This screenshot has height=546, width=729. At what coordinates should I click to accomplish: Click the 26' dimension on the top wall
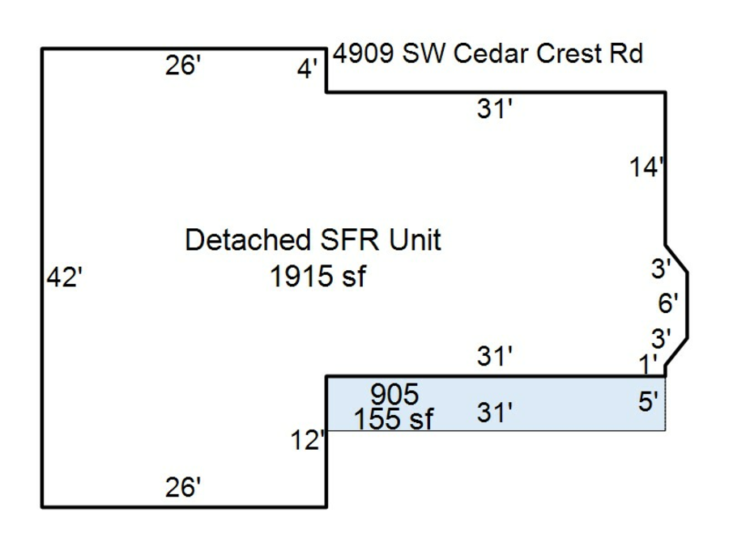(x=183, y=67)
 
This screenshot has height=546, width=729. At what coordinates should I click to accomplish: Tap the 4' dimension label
(x=307, y=71)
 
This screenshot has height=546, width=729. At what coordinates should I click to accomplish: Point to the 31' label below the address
(x=495, y=110)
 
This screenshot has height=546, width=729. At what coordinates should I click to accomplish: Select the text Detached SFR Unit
(x=313, y=240)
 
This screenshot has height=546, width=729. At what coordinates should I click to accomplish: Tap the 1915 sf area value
(x=318, y=277)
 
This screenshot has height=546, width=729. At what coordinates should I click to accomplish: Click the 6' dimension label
(x=667, y=304)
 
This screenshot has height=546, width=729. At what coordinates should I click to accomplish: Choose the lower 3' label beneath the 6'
(x=661, y=337)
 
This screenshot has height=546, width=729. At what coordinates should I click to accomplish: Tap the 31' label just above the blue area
(x=495, y=356)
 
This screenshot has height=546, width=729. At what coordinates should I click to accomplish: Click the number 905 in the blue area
(x=394, y=395)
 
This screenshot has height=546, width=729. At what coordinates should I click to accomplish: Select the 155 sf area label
(x=394, y=419)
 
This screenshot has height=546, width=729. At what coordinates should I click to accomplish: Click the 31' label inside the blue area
(x=495, y=414)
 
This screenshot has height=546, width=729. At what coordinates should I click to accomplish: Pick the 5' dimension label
(x=649, y=403)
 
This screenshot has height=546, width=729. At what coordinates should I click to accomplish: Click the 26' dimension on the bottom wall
(x=183, y=488)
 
